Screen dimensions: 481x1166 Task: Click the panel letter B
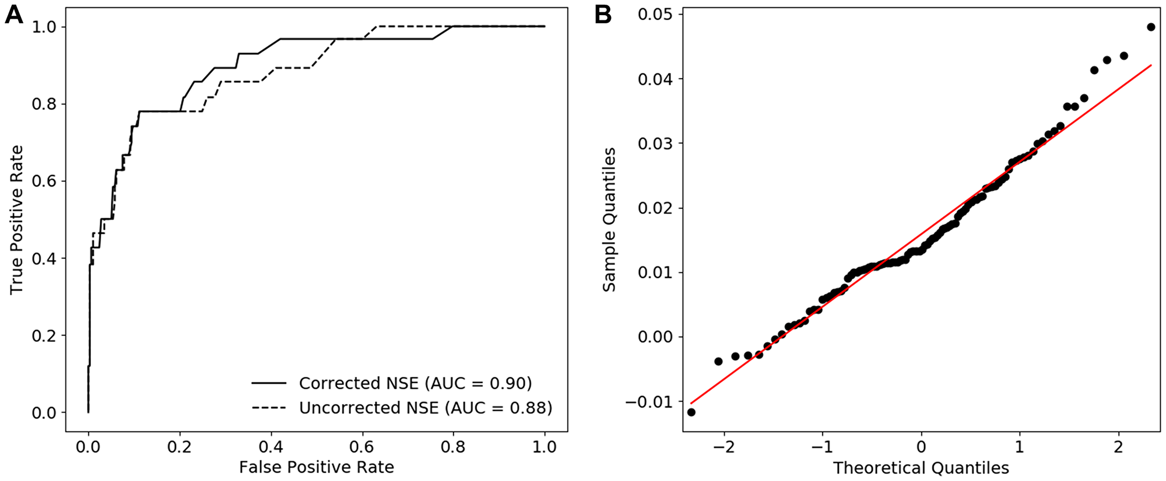tap(603, 14)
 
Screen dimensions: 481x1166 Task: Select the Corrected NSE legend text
tap(415, 383)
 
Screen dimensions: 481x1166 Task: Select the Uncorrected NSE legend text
tap(425, 408)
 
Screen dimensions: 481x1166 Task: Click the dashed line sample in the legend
tap(269, 408)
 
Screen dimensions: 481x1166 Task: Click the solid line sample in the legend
tap(269, 383)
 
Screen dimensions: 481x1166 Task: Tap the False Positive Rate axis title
tap(316, 467)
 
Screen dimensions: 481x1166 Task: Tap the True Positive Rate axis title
tap(16, 220)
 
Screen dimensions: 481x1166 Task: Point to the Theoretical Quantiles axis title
tap(921, 468)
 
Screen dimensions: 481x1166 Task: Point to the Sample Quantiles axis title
tap(609, 220)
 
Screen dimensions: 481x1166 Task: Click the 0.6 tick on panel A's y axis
tap(44, 181)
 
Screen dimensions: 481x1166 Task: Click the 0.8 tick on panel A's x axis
tap(453, 447)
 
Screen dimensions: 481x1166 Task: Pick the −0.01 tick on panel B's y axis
tap(649, 402)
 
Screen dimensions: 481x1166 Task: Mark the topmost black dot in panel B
tap(1150, 27)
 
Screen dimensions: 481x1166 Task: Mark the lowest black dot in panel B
tap(691, 412)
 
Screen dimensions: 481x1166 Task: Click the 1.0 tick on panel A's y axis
tap(44, 27)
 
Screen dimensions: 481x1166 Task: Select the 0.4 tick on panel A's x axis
tap(271, 447)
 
